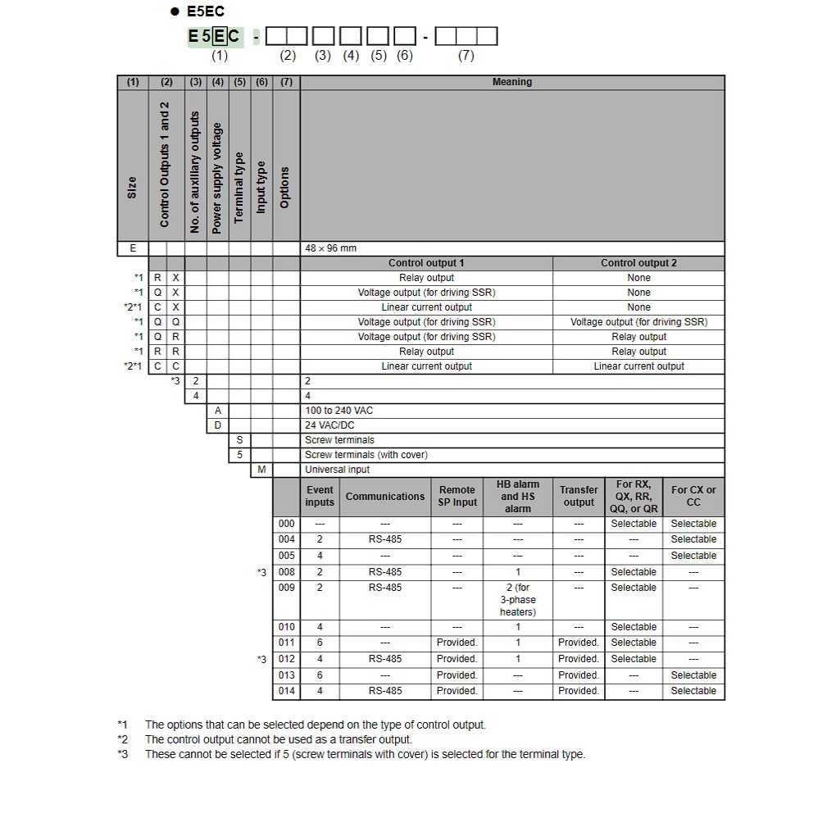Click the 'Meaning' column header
pos(511,82)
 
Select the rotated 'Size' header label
pos(133,187)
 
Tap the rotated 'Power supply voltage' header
pos(217,178)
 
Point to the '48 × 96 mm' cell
pos(331,248)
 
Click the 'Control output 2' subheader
pos(638,263)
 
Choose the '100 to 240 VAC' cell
pos(339,411)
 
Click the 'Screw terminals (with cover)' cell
pos(366,455)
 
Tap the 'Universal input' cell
pos(337,470)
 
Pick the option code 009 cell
pos(286,588)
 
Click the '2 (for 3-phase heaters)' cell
pos(518,599)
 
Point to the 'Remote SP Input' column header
pos(457,496)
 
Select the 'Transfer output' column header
pos(579,496)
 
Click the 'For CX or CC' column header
pos(693,496)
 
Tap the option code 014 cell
pos(286,691)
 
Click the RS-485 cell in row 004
pos(385,539)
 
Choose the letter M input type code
pos(261,470)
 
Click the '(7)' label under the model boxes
pos(466,56)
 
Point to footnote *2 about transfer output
pos(279,739)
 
